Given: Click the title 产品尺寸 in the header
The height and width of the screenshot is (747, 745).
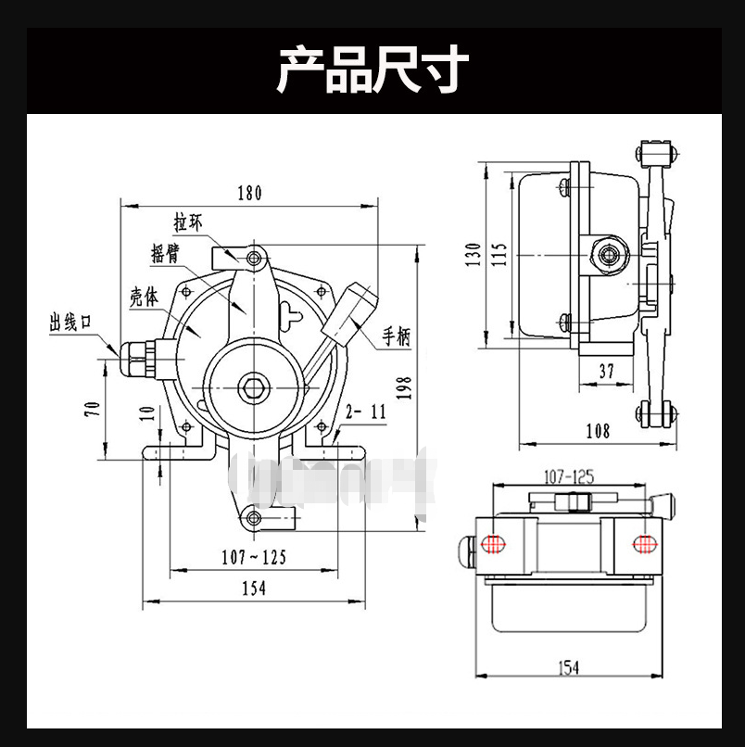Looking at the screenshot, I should click(372, 70).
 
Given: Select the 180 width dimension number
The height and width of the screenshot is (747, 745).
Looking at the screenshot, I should click(249, 193).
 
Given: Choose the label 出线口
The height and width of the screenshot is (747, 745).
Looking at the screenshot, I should click(71, 322).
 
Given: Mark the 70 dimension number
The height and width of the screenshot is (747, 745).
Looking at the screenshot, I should click(93, 409).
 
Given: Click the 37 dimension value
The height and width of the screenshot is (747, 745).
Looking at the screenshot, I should click(606, 371).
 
